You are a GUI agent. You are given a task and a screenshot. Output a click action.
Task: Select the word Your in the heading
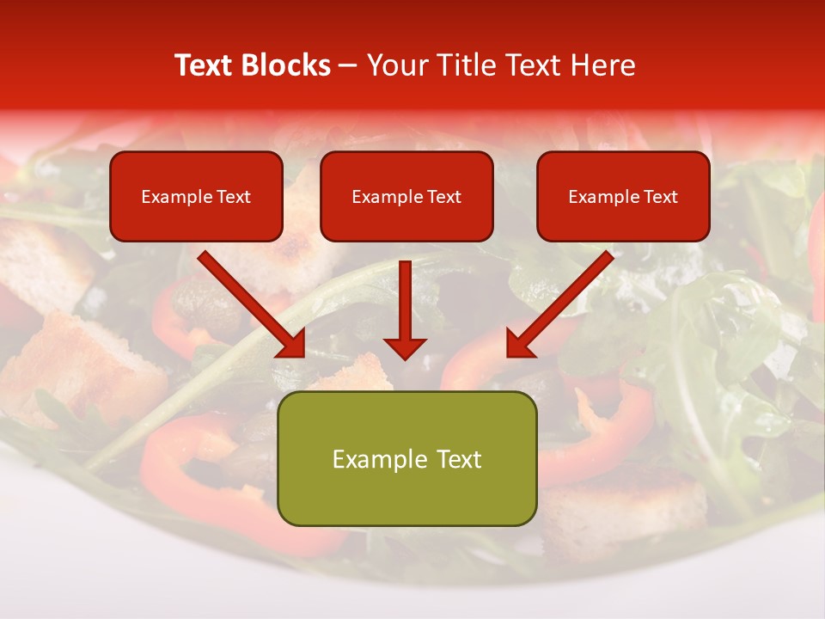[x=395, y=65]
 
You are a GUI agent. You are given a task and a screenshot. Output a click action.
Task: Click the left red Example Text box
[x=196, y=197]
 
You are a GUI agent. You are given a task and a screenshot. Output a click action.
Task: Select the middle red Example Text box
[x=406, y=197]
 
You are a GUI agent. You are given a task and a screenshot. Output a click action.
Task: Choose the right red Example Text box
[x=623, y=197]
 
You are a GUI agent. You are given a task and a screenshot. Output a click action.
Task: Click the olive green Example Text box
[x=406, y=459]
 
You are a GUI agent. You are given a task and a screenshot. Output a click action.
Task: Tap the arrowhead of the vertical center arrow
[x=405, y=348]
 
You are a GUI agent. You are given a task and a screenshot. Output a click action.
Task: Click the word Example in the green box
[x=375, y=459]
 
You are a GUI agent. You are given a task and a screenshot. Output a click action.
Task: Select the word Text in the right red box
[x=660, y=197]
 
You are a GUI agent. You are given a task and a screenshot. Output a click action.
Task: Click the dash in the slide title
[x=348, y=65]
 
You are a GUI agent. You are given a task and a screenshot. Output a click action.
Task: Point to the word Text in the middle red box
[x=443, y=197]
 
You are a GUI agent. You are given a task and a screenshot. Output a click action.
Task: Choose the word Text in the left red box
[x=233, y=197]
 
